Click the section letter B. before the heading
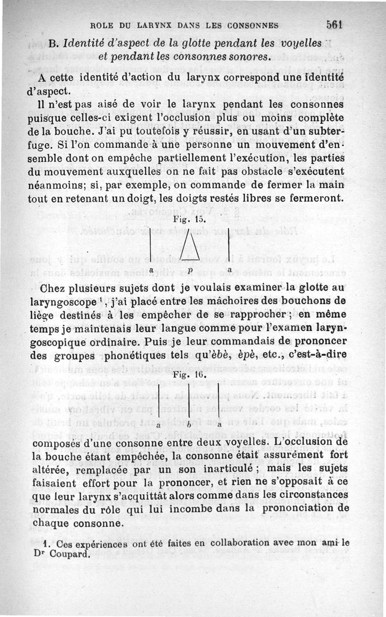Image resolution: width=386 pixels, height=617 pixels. pyautogui.click(x=54, y=44)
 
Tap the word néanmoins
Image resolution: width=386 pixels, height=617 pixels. pyautogui.click(x=55, y=185)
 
